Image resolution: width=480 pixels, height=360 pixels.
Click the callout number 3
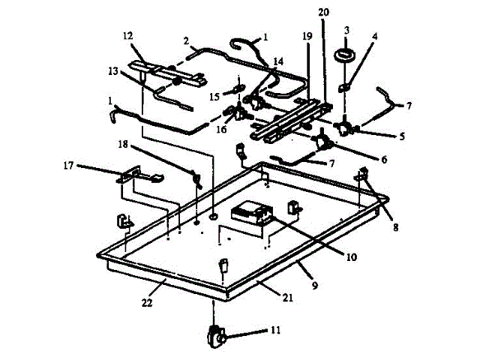pyautogui.click(x=346, y=30)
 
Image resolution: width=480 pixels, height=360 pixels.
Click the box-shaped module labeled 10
pyautogui.click(x=251, y=214)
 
